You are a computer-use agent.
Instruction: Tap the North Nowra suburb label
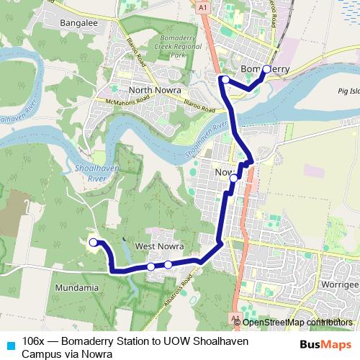[153, 90]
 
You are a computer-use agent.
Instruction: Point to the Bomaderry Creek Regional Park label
[166, 49]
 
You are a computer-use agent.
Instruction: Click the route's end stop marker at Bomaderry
[266, 69]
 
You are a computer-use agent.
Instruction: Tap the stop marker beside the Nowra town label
[233, 177]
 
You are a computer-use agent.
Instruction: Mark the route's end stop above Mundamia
[93, 243]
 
